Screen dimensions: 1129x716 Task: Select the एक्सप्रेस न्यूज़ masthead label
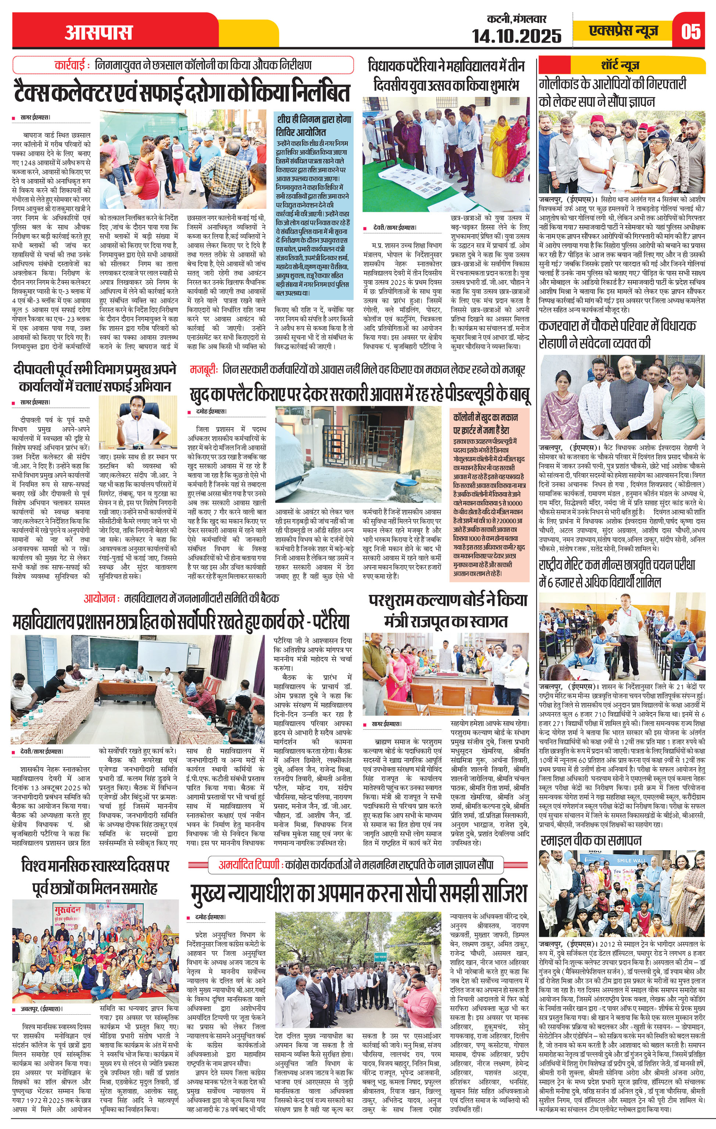[x=624, y=31]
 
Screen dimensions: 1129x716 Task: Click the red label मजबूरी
[x=204, y=369]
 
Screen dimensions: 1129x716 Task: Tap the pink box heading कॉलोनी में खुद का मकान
[x=485, y=424]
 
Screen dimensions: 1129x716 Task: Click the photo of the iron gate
[x=358, y=454]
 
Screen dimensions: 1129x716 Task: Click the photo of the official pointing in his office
[x=138, y=422]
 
